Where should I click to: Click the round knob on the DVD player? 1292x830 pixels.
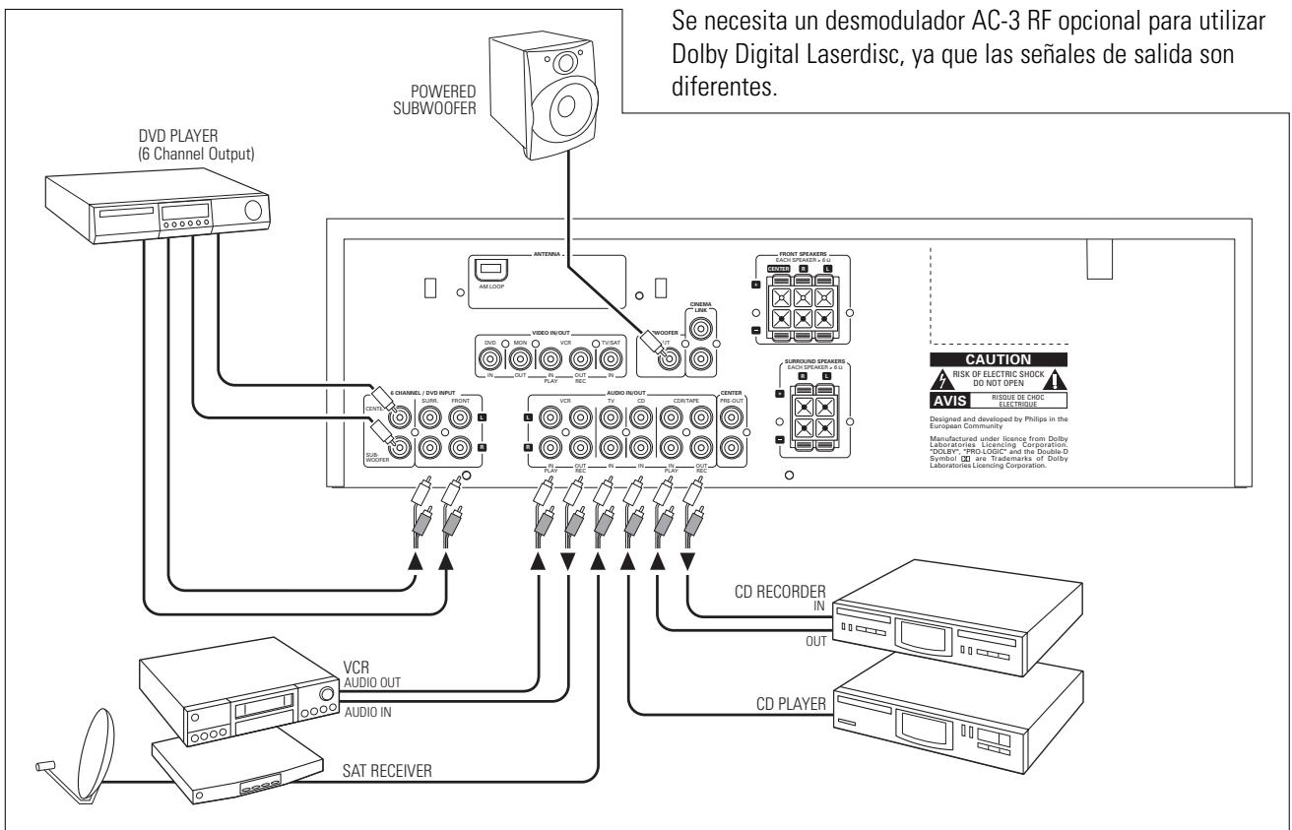pos(252,210)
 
